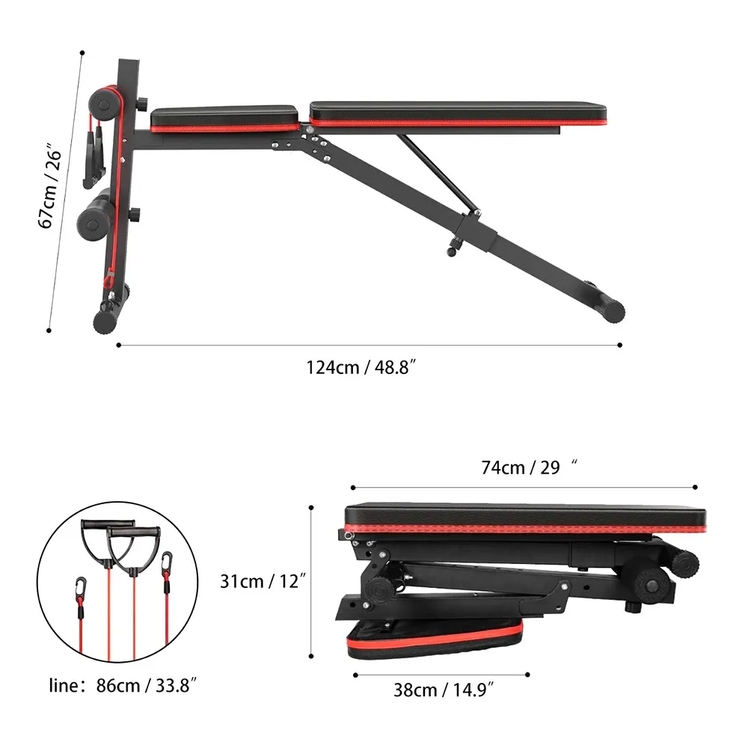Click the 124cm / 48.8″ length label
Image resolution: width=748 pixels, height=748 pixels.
tap(361, 368)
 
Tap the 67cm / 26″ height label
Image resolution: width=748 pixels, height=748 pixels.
tap(50, 185)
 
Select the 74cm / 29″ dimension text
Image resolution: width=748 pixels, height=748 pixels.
tap(529, 467)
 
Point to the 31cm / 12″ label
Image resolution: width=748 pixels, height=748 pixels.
tap(263, 581)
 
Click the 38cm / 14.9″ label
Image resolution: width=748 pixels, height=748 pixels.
tap(443, 690)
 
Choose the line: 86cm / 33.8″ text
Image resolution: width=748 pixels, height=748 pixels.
tap(123, 685)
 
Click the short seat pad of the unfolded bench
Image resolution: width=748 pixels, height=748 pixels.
tap(224, 117)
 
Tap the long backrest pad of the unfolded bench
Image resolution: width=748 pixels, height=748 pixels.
tap(458, 114)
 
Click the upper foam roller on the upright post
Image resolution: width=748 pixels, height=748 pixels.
tap(105, 104)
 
